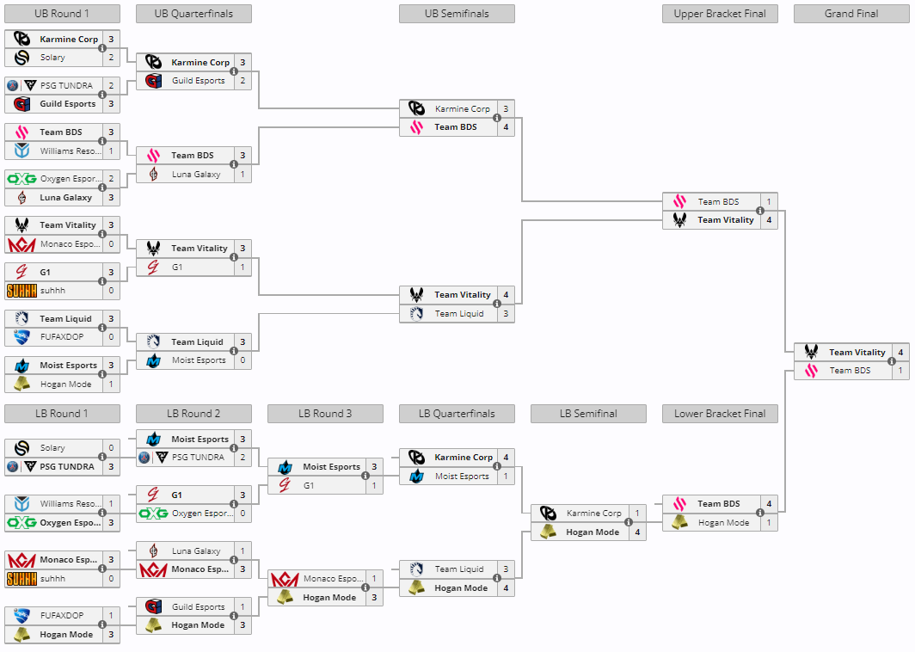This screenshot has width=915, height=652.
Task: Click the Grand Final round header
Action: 851,14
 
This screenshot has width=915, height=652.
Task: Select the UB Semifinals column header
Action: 457,14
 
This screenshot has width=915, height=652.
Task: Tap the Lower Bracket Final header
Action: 720,414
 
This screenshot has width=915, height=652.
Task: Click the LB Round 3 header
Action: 325,414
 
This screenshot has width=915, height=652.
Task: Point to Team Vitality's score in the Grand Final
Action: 900,352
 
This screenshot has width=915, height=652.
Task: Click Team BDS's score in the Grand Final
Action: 900,371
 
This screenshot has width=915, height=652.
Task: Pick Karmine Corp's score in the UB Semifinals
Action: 506,109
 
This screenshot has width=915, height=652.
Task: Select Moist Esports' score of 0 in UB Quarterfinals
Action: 243,360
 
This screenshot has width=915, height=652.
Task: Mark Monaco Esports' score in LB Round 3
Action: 374,579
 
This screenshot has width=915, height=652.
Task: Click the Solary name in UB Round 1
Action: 52,58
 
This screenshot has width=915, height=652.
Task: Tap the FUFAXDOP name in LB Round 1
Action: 62,616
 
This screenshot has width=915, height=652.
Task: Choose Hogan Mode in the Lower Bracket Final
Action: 723,523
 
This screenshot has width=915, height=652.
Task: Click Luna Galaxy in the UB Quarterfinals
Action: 196,175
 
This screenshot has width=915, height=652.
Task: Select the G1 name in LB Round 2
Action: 176,495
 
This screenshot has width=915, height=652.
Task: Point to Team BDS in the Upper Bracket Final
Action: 718,202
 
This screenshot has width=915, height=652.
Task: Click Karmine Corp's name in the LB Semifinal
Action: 593,514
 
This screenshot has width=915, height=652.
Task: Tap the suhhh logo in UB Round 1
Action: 21,291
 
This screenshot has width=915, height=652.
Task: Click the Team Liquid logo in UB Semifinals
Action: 417,314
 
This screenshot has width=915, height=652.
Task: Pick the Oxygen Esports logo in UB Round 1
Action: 21,179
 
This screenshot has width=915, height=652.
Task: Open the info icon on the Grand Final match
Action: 892,361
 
